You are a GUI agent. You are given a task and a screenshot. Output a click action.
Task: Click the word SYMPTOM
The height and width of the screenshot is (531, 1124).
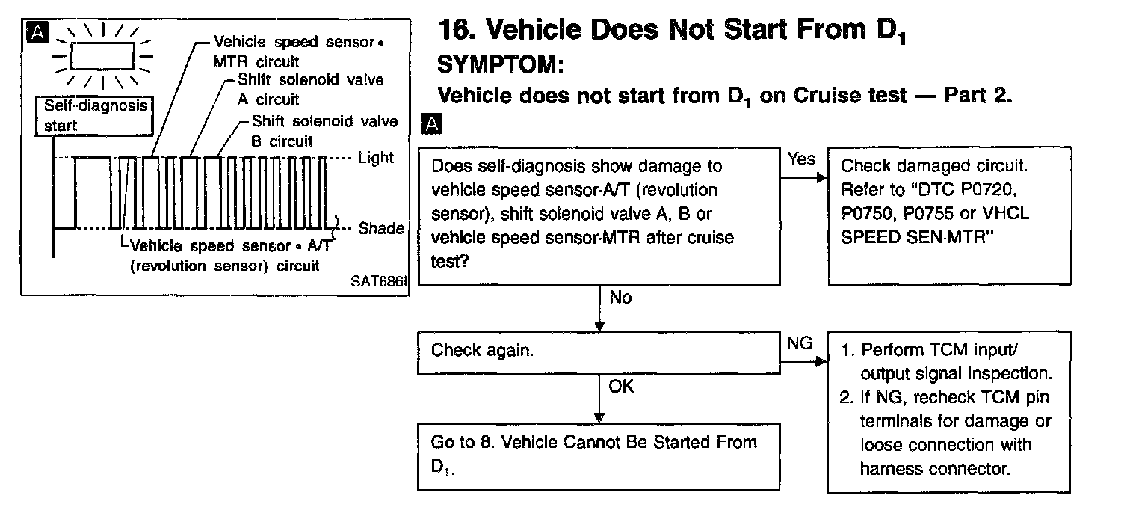coord(498,65)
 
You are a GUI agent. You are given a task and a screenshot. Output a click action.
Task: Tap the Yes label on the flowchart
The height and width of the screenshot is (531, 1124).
coord(801,159)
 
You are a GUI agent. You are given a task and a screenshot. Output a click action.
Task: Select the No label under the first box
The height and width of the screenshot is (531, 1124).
coord(620,298)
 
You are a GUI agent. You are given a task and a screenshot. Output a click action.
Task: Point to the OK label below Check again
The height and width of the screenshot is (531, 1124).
coord(621,387)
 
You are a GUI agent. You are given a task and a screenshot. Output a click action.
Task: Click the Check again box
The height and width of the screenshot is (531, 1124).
coord(598,352)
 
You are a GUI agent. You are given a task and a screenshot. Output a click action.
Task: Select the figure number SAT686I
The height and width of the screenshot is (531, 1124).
coord(378,283)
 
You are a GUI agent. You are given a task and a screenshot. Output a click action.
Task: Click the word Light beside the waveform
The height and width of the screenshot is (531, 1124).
coord(375,159)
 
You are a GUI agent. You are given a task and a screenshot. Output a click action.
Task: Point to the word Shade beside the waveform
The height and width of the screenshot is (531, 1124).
coord(380,228)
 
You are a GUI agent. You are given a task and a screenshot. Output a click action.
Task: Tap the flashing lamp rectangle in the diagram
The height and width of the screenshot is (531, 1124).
coord(102,55)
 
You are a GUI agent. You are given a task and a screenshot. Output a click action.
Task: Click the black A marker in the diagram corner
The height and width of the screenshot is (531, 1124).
coord(34,31)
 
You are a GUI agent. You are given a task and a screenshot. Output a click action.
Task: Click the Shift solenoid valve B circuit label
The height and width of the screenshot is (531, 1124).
coord(324,131)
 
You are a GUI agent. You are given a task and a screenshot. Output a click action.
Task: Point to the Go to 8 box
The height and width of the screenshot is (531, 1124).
coord(598,456)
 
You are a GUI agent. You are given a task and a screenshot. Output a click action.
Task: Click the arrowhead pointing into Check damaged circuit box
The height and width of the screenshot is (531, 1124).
coord(823,179)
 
